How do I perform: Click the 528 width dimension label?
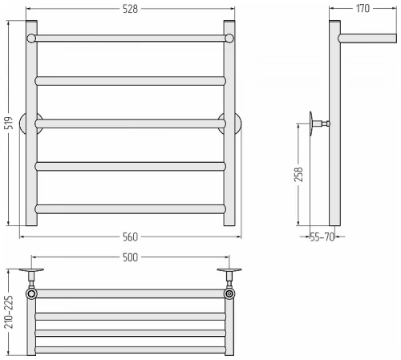(130, 9)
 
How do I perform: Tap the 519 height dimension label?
(9, 123)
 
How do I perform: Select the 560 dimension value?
(130, 237)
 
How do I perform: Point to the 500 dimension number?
(130, 257)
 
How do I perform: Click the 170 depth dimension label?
(363, 9)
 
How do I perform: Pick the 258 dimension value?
(298, 175)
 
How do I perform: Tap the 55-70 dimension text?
(322, 237)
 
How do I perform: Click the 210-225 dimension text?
(8, 312)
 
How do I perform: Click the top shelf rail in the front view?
(131, 38)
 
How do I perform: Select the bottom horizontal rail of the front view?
(131, 209)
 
